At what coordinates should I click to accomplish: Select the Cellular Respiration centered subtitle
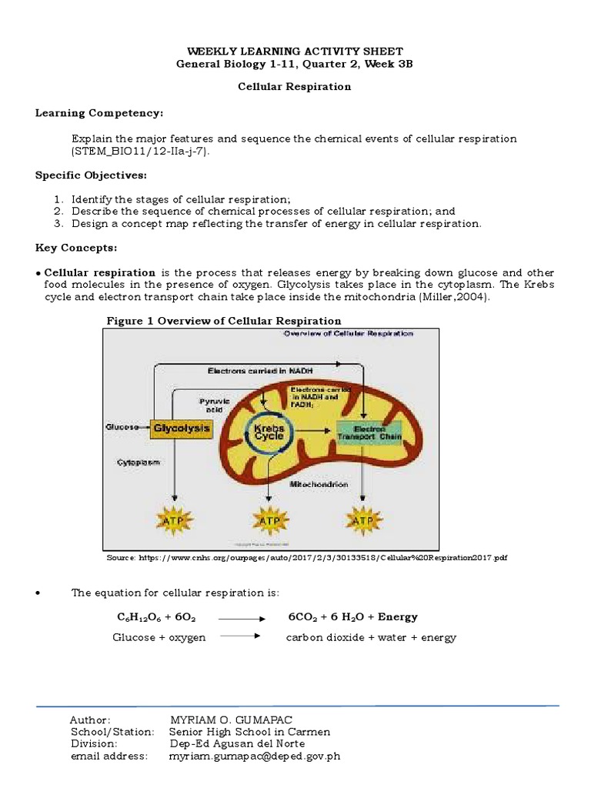(x=293, y=87)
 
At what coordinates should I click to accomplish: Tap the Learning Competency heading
(x=99, y=114)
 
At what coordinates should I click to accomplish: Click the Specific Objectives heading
(x=91, y=175)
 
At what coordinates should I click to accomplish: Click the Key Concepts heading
(x=76, y=248)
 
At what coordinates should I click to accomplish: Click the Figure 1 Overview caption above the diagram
(x=223, y=321)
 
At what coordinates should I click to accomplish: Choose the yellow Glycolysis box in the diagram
(x=181, y=428)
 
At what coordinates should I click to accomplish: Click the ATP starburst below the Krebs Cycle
(x=269, y=520)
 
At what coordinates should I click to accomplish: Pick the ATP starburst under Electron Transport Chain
(x=362, y=520)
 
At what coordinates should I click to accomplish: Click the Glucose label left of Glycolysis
(x=123, y=427)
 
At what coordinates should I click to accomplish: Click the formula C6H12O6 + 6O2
(x=156, y=617)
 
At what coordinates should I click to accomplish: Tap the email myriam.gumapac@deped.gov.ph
(x=254, y=756)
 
